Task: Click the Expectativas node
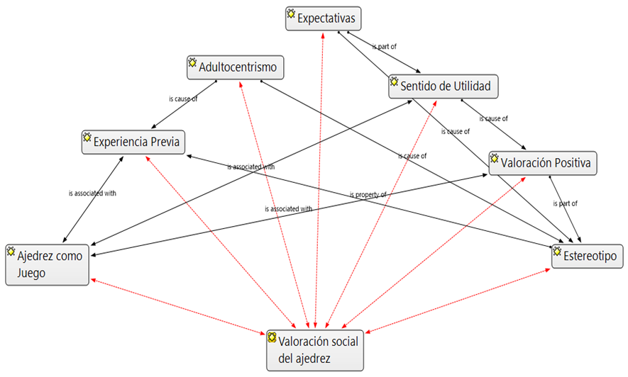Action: click(x=324, y=18)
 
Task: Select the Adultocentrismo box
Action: click(x=236, y=68)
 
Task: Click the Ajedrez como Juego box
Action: click(x=48, y=264)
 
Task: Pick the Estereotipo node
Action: click(x=587, y=254)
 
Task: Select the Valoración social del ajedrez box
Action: click(x=314, y=350)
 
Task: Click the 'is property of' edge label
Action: click(x=368, y=195)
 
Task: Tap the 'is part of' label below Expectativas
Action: click(x=384, y=47)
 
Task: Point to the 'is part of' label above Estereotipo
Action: click(x=565, y=203)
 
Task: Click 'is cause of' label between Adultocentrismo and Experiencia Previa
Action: click(x=183, y=99)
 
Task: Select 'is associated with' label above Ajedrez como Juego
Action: click(x=92, y=193)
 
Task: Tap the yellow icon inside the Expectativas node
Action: click(x=291, y=13)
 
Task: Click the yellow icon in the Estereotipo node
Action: click(x=557, y=250)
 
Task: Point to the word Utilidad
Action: click(x=468, y=87)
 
